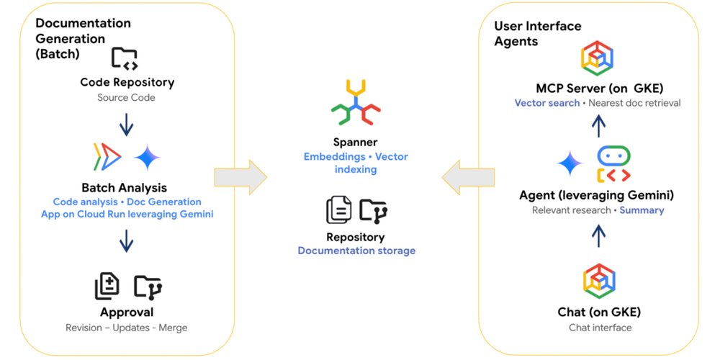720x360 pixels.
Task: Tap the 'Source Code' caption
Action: [127, 97]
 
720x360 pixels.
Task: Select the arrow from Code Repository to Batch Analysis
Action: [127, 125]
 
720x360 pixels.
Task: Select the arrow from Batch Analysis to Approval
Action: [127, 240]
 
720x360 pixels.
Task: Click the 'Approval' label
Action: [127, 312]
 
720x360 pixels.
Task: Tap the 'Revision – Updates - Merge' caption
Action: [127, 328]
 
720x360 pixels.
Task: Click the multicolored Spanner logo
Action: [355, 104]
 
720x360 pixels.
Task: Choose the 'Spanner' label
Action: [355, 143]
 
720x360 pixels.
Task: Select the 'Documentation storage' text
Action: [356, 251]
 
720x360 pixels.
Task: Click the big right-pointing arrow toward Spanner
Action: [240, 176]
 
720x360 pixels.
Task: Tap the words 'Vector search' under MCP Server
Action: [546, 103]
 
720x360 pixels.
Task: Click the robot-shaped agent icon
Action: [613, 163]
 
